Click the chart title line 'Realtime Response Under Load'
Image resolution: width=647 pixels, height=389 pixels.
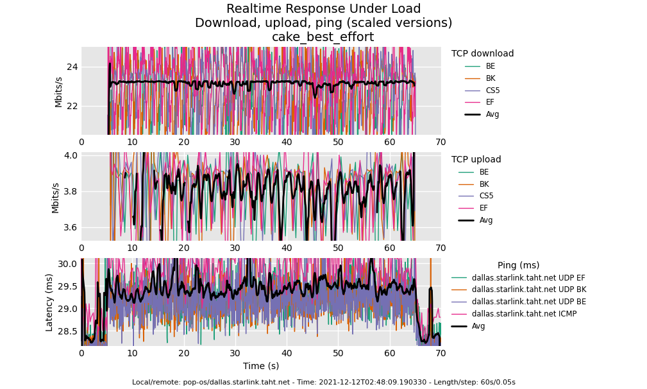(x=323, y=9)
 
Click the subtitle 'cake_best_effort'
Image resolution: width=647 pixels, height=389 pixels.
(x=323, y=37)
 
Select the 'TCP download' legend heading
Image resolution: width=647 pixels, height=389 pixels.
(x=482, y=54)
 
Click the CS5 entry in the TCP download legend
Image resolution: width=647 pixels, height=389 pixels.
(x=492, y=91)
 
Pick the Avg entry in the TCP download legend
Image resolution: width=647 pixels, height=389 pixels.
(x=492, y=114)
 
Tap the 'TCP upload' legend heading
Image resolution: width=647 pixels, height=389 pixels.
(x=476, y=160)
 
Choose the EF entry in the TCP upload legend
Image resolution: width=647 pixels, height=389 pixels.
(x=483, y=208)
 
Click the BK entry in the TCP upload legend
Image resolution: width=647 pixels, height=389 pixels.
(x=483, y=184)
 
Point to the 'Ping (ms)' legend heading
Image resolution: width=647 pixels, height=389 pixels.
(x=518, y=266)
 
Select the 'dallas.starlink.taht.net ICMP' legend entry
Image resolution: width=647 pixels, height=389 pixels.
(x=524, y=314)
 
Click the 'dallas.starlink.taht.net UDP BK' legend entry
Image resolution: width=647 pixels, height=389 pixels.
(x=528, y=290)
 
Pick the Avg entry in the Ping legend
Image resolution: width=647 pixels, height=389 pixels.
(x=478, y=326)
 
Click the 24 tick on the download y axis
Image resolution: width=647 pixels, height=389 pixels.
(x=72, y=67)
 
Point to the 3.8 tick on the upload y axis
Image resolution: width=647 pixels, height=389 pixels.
(x=69, y=191)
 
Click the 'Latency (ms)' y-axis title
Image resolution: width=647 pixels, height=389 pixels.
(x=49, y=302)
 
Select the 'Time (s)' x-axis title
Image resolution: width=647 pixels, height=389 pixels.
(x=260, y=367)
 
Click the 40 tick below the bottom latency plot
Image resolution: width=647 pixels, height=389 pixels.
(x=287, y=354)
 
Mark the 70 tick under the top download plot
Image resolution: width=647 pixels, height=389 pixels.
(x=441, y=143)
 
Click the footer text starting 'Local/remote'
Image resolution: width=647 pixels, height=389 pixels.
(x=323, y=383)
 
